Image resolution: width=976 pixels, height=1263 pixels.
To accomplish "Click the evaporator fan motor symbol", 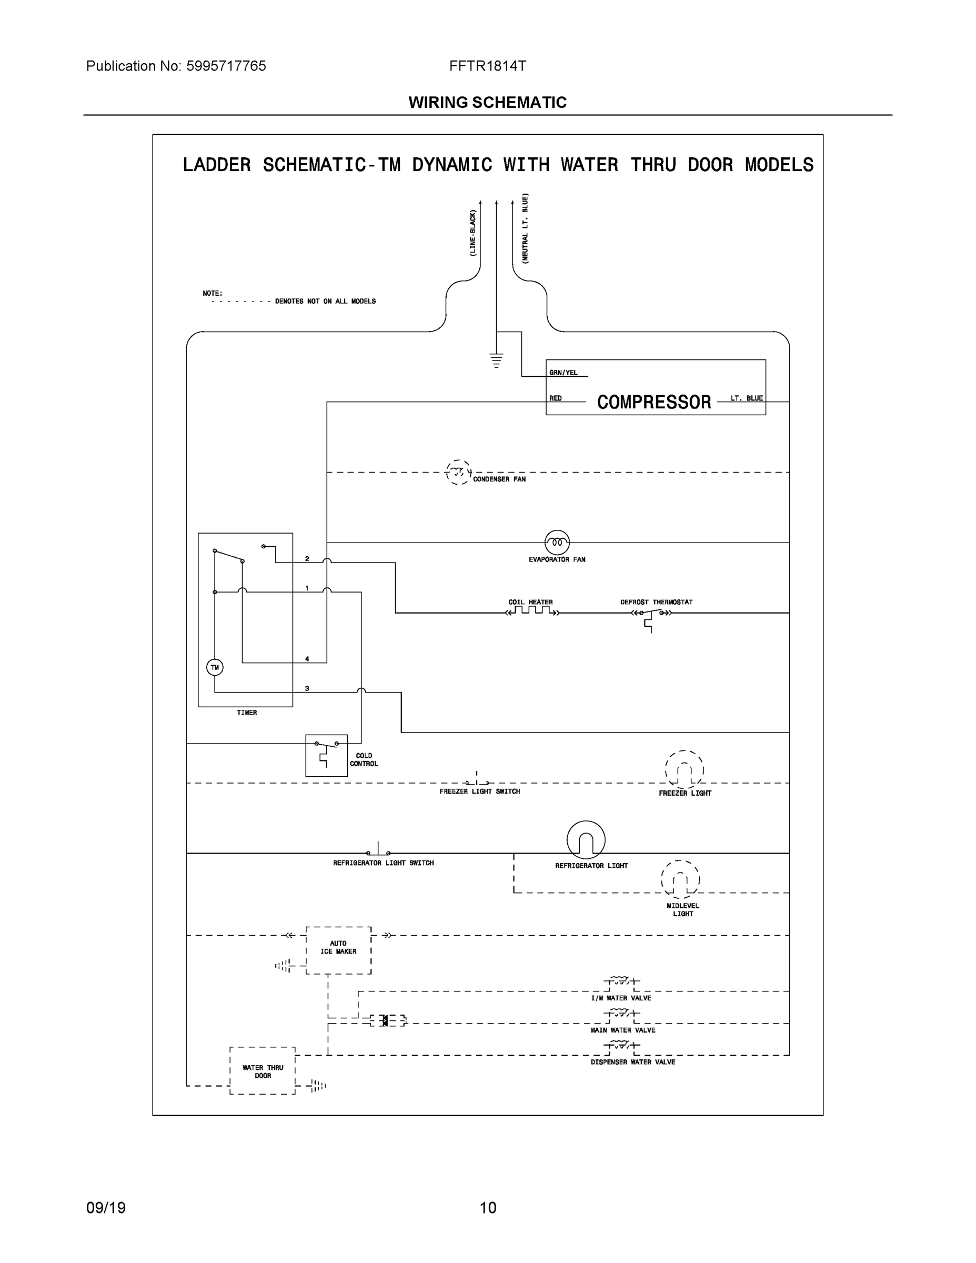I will (557, 543).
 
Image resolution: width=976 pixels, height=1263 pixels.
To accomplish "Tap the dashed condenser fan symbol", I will (458, 473).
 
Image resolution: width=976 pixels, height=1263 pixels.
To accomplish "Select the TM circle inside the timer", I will (215, 667).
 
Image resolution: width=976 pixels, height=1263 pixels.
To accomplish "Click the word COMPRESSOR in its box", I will (654, 402).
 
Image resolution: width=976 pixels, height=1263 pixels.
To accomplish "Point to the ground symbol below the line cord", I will (496, 360).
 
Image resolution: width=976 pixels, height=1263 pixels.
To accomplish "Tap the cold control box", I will (326, 755).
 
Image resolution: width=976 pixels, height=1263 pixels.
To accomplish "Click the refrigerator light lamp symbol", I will (586, 840).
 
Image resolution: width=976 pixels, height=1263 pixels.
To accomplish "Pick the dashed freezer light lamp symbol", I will (684, 770).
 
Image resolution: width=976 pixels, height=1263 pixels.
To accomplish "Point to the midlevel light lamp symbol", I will (680, 879).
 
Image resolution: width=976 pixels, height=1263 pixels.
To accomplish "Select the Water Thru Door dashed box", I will (263, 1071).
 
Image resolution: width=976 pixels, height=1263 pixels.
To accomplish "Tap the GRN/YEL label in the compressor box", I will (563, 373).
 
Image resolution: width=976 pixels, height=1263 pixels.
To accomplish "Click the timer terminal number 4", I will (307, 659).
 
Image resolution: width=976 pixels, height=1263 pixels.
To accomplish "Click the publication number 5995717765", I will (226, 66).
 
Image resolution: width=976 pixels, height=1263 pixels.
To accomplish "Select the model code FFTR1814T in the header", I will (487, 66).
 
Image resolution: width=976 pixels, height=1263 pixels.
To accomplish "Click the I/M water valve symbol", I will (621, 981).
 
